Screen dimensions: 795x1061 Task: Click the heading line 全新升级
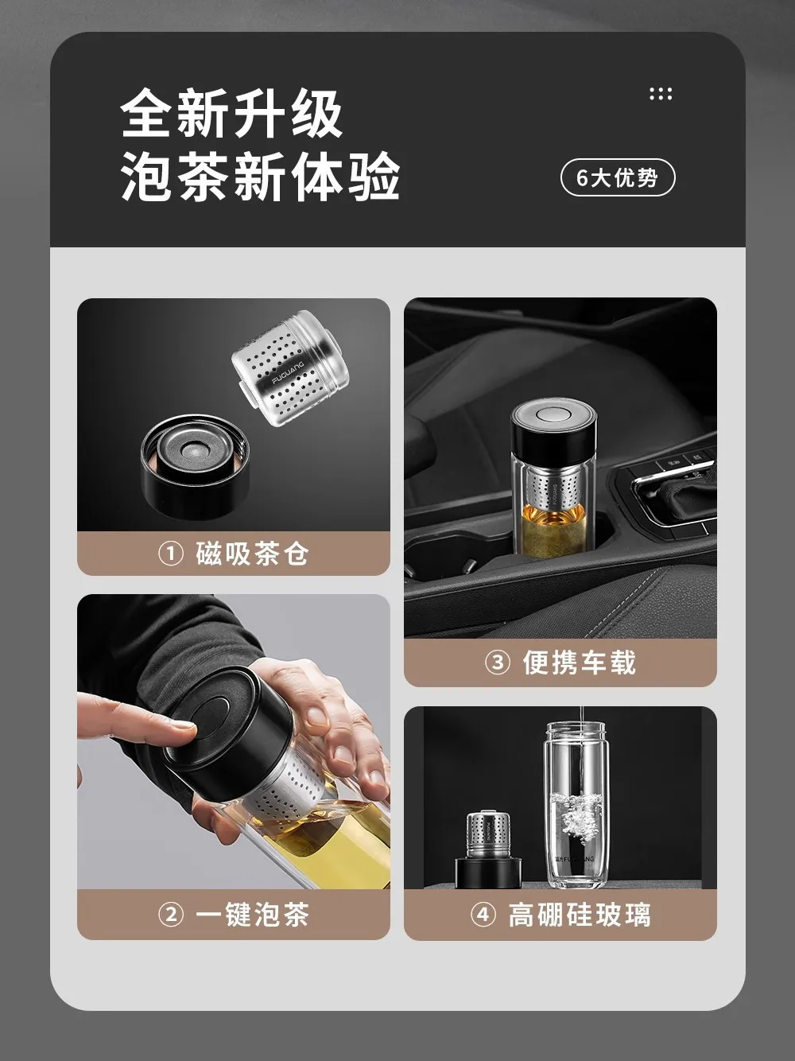[x=231, y=113]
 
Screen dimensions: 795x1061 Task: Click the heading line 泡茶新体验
[x=260, y=176]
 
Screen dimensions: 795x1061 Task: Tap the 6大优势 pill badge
[x=618, y=178]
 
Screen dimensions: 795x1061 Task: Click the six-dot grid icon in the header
[x=660, y=94]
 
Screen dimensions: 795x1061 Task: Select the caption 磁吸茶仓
[x=252, y=554]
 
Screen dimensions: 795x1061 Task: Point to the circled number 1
[x=170, y=554]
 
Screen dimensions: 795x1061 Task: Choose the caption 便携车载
[x=579, y=663]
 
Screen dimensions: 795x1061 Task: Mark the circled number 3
[x=498, y=663]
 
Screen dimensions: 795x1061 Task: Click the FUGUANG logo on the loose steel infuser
[x=288, y=371]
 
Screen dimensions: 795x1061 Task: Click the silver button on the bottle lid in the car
[x=554, y=414]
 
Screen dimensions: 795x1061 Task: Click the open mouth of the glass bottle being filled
[x=576, y=728]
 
